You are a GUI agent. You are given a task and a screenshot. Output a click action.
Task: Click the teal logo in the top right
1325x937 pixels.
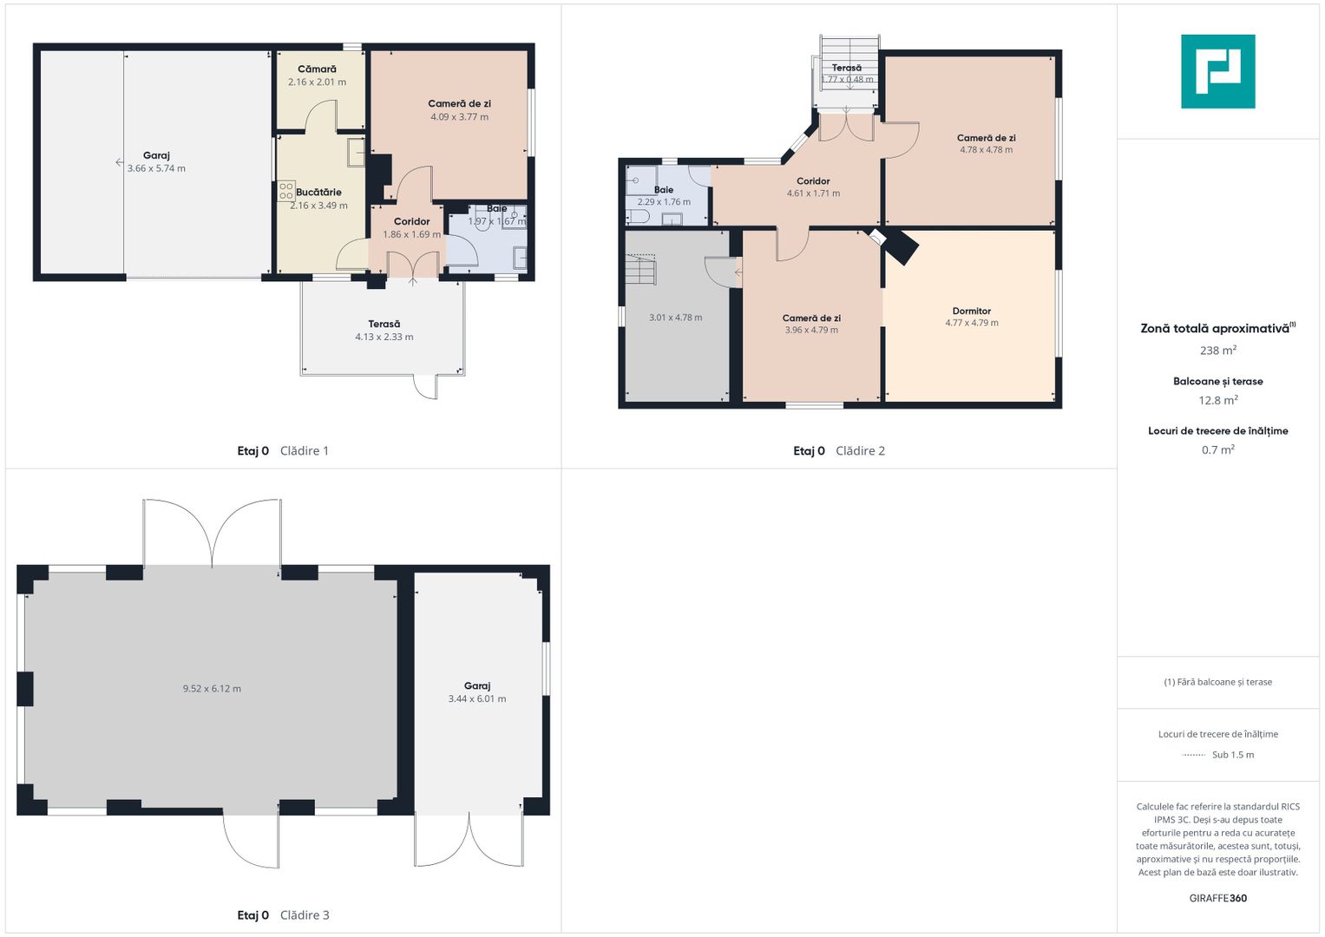tap(1217, 71)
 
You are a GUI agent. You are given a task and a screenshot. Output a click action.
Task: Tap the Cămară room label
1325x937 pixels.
tap(317, 69)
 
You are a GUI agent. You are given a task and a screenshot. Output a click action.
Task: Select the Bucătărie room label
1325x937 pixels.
tap(318, 193)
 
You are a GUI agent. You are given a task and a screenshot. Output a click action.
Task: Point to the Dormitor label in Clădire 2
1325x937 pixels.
tap(971, 311)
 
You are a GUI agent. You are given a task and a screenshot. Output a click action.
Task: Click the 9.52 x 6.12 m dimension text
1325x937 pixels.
tap(212, 689)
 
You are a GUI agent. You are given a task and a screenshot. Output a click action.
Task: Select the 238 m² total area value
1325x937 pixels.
tap(1217, 351)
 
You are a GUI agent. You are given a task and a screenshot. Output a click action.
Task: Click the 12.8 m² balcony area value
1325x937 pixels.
tap(1217, 400)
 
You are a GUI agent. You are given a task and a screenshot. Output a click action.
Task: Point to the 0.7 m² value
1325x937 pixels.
tap(1217, 449)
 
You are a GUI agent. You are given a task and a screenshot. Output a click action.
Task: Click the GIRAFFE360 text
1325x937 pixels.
tap(1217, 898)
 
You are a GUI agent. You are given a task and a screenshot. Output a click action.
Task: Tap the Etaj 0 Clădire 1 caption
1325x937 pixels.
tap(283, 451)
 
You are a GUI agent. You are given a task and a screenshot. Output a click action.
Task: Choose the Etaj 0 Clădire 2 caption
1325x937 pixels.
tap(838, 451)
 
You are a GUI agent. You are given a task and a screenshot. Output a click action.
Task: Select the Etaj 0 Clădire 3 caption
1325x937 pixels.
tap(283, 915)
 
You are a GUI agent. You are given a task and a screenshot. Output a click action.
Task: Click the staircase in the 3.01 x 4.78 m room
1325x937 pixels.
tap(642, 269)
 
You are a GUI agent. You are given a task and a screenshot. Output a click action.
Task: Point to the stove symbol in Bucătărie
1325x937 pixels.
tap(285, 191)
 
